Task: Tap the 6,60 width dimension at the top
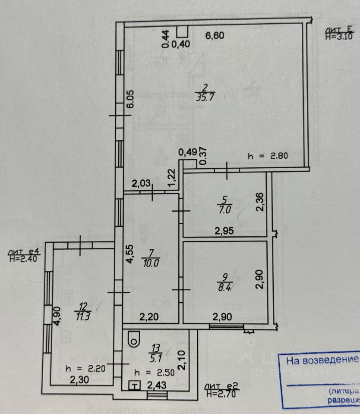click(215, 36)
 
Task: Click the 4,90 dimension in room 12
click(56, 315)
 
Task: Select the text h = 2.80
click(268, 156)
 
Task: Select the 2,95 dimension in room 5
click(225, 231)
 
